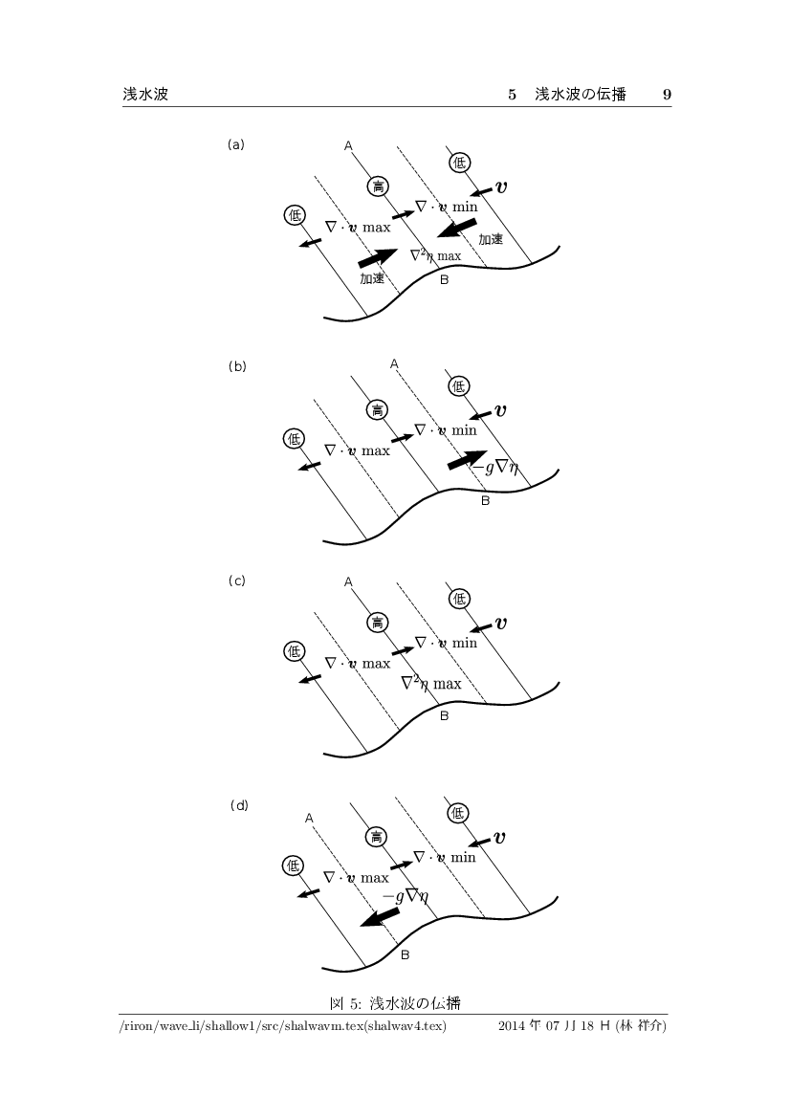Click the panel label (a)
235,144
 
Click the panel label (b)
237,366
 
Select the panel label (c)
237,581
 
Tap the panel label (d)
239,805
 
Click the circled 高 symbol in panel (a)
377,186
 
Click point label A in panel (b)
394,364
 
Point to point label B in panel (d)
405,954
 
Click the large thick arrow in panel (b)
468,460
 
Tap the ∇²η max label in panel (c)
431,684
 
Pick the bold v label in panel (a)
501,187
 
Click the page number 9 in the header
667,94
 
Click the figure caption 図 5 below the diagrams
395,1004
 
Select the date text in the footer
582,1026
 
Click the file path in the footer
283,1026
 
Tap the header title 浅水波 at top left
145,94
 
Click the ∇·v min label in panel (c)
447,643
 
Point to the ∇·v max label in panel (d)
357,878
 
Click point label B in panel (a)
444,280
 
